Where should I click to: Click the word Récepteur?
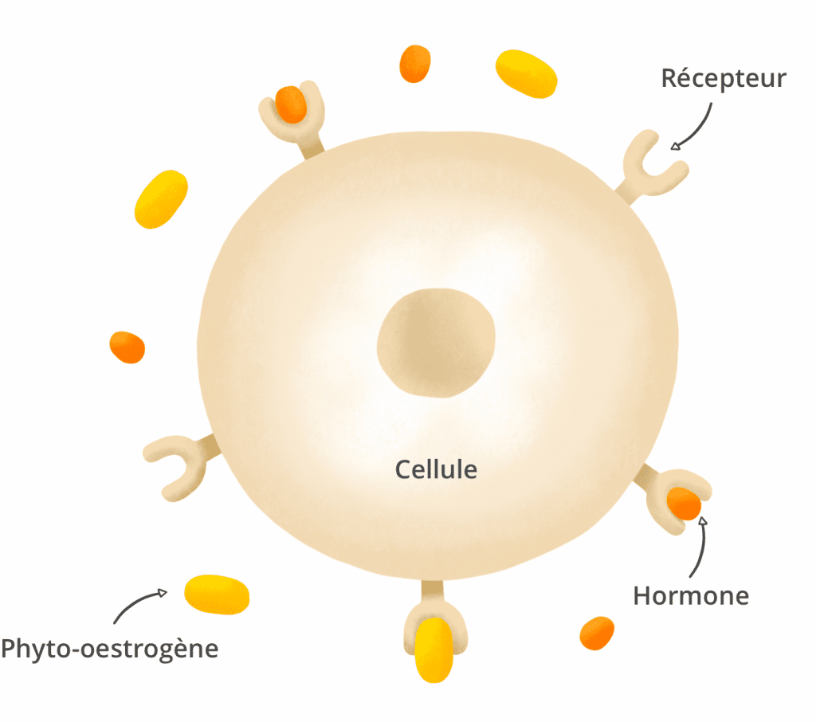point(724,79)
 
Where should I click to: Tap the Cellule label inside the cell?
point(436,469)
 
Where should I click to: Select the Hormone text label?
point(691,596)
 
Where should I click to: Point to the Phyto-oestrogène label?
point(110,649)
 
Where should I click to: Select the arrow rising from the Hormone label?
point(701,547)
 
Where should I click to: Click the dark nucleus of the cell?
point(436,343)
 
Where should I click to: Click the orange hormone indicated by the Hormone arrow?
point(684,504)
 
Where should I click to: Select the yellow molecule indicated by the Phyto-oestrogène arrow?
point(217,594)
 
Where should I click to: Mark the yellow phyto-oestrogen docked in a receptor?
point(434,649)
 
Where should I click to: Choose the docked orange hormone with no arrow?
point(290,104)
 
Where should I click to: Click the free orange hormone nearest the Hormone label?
point(597,633)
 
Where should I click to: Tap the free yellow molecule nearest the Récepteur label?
point(526,73)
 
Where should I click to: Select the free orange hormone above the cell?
point(414,64)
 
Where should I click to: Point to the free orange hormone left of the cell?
point(127,347)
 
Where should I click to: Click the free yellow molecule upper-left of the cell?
point(161,199)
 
